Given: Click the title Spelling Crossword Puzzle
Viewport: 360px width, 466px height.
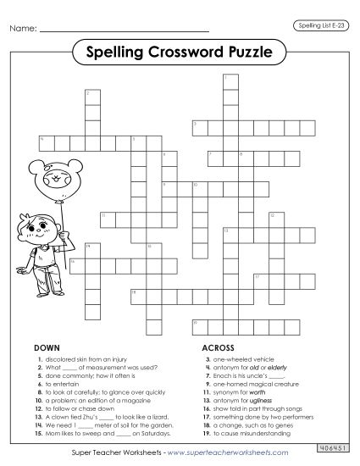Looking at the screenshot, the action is tap(179, 53).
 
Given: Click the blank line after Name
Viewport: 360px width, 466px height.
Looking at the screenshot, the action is tap(124, 31).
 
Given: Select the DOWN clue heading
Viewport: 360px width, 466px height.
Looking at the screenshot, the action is tap(45, 347).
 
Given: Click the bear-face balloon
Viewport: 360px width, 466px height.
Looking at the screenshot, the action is tap(53, 180).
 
